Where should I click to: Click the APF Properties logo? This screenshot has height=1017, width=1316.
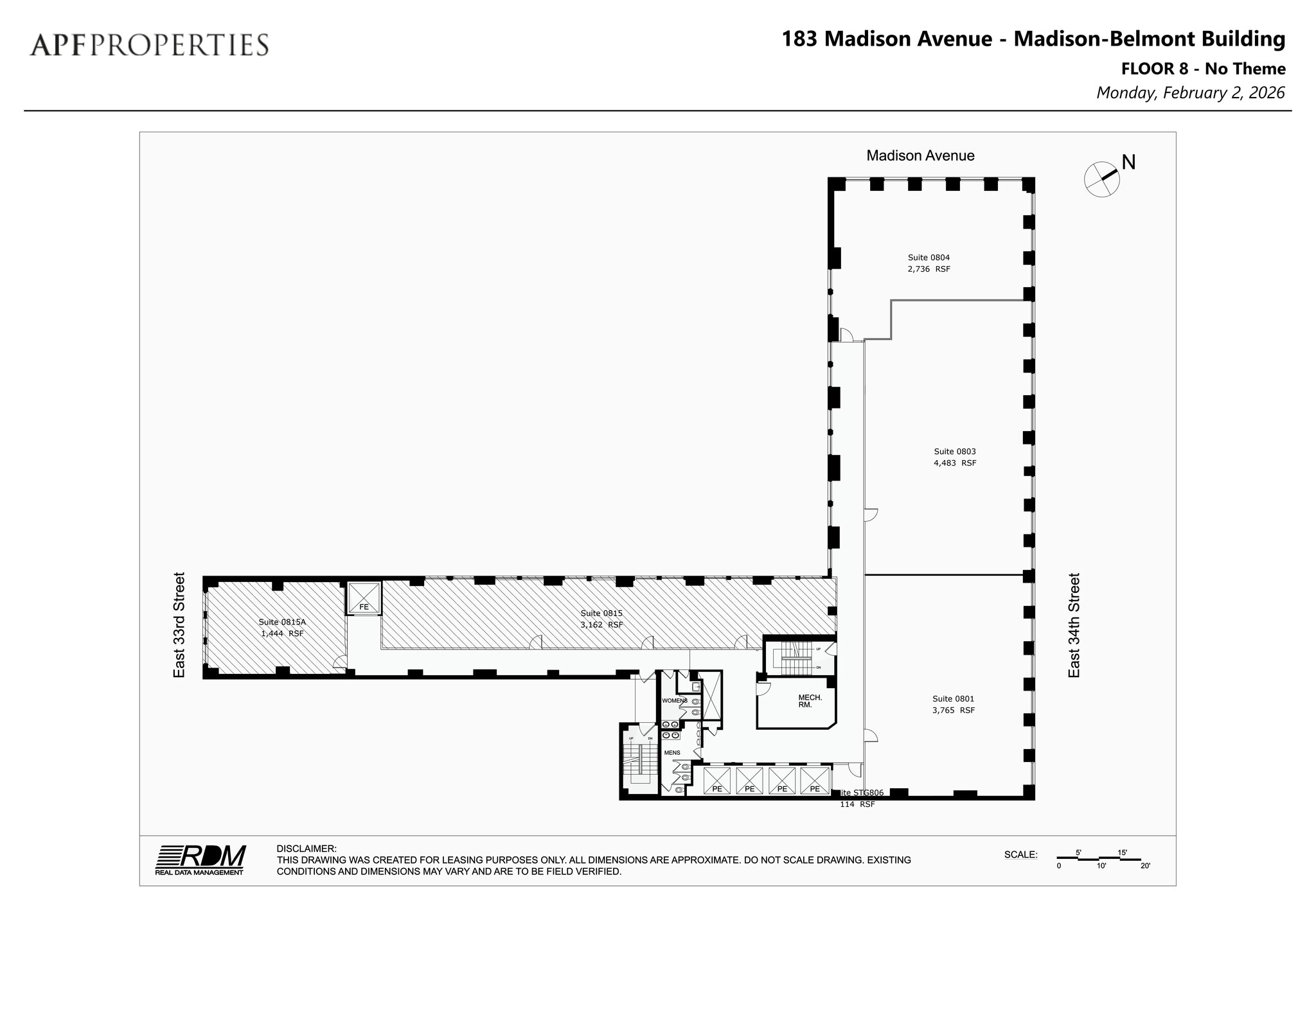(x=149, y=45)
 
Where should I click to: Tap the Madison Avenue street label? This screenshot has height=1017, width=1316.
(x=920, y=155)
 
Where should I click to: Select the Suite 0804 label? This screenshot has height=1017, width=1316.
(x=929, y=258)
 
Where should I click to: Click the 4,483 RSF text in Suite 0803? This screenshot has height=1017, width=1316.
(x=954, y=463)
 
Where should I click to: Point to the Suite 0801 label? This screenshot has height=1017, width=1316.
(x=953, y=698)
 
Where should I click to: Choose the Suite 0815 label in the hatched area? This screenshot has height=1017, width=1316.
(x=601, y=613)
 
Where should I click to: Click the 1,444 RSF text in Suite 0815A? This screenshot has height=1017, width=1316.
(x=281, y=633)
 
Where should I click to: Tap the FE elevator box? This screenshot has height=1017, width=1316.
(x=364, y=599)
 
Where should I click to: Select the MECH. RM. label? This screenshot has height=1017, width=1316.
(x=810, y=700)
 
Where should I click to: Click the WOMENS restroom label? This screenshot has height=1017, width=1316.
(x=674, y=700)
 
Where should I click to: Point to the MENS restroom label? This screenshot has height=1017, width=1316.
(x=671, y=752)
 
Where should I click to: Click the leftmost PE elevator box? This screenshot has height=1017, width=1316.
(x=716, y=781)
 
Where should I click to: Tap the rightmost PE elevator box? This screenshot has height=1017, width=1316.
(x=814, y=781)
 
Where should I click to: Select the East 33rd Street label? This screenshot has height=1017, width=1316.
(x=179, y=624)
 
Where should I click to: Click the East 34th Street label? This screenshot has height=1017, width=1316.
(x=1074, y=624)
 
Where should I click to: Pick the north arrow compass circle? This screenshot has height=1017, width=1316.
(x=1101, y=179)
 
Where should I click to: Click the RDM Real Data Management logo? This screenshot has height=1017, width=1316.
(x=200, y=859)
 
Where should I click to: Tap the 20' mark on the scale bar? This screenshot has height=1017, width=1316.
(x=1144, y=866)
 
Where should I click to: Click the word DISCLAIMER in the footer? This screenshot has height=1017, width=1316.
(x=306, y=849)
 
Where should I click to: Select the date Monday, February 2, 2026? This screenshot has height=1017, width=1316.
(x=1190, y=93)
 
